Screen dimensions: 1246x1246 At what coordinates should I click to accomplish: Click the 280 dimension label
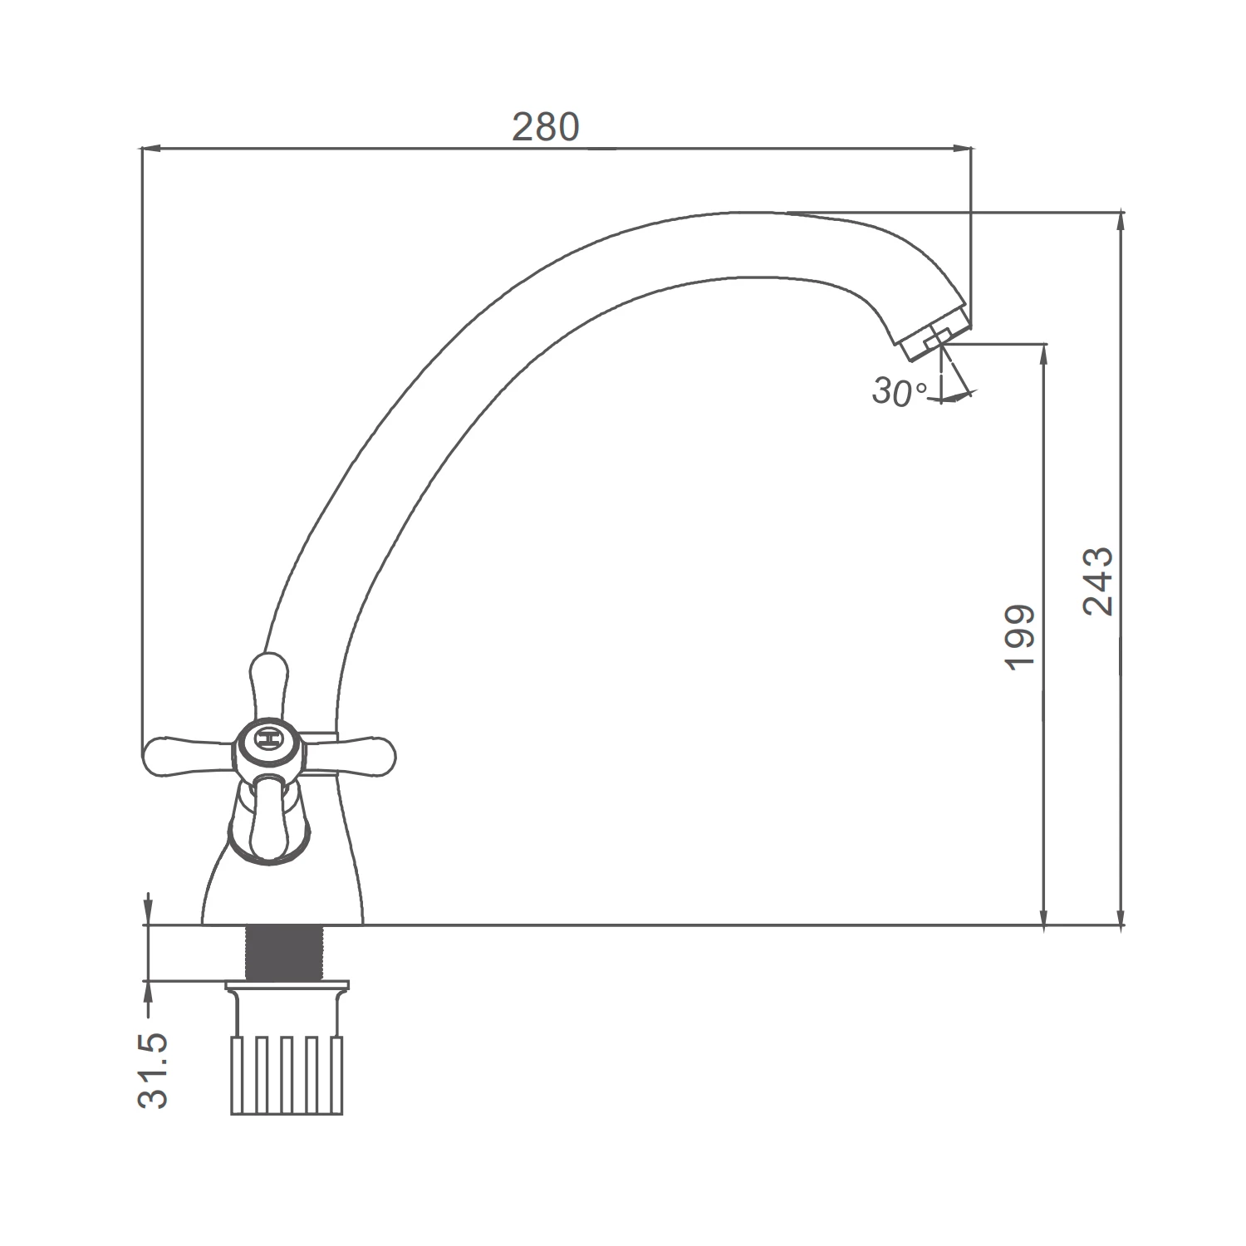[545, 127]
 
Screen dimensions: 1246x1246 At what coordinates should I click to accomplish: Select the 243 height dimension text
[1098, 581]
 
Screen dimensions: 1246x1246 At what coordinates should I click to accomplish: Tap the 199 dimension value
[1020, 636]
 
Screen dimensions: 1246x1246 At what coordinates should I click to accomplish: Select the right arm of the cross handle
[348, 755]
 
